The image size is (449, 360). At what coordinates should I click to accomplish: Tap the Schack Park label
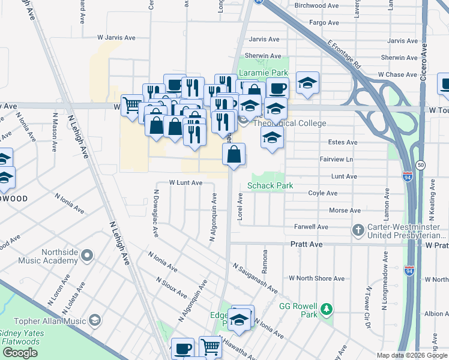pyautogui.click(x=271, y=185)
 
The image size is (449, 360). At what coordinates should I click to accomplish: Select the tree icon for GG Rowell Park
pyautogui.click(x=326, y=309)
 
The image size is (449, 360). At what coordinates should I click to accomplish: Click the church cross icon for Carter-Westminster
pyautogui.click(x=358, y=230)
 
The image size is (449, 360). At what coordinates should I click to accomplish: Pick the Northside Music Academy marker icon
pyautogui.click(x=87, y=256)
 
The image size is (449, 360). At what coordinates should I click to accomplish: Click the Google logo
pyautogui.click(x=20, y=353)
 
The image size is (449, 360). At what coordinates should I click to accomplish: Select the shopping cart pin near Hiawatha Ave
pyautogui.click(x=210, y=346)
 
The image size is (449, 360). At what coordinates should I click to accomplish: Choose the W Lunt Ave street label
pyautogui.click(x=185, y=182)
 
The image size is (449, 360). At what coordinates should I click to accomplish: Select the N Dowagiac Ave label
pyautogui.click(x=155, y=214)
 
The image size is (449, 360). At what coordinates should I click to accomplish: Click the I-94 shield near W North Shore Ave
pyautogui.click(x=409, y=271)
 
